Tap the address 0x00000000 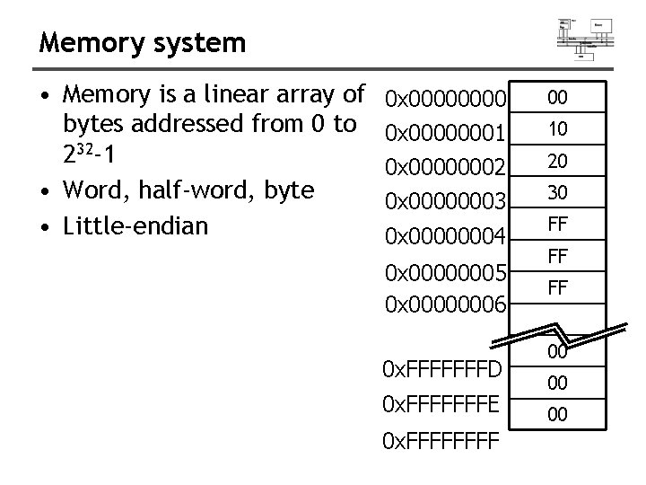[x=446, y=97]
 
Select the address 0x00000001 [x=446, y=132]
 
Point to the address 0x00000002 [x=446, y=166]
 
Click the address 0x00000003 [x=446, y=200]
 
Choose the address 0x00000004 [x=446, y=235]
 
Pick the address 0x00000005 [x=446, y=271]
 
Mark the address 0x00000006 [x=446, y=305]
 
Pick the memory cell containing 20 [x=557, y=160]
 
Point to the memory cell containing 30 [x=557, y=191]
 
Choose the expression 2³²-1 [x=90, y=154]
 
